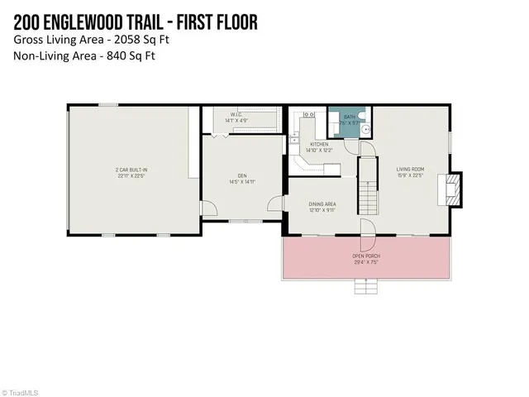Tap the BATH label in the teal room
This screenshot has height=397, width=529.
[350, 117]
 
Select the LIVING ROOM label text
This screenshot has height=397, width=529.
[410, 168]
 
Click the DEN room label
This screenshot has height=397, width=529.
[242, 175]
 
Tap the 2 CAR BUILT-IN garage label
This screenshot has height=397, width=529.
[131, 170]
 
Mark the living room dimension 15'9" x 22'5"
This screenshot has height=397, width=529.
[410, 174]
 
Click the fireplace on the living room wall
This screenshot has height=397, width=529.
[450, 189]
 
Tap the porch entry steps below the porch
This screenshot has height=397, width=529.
[365, 286]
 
